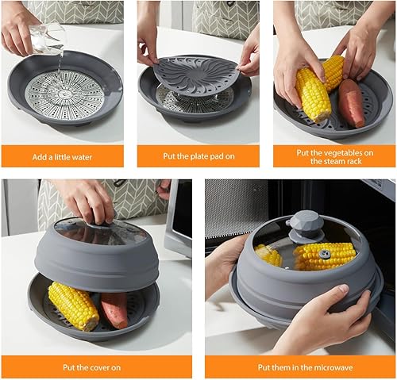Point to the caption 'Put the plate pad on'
coord(198,156)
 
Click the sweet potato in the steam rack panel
coord(351,102)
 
